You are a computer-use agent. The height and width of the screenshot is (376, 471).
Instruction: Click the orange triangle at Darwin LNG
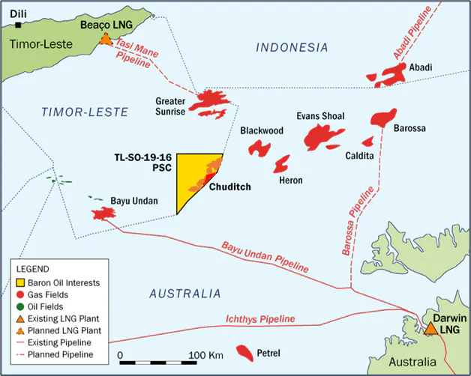click(431, 328)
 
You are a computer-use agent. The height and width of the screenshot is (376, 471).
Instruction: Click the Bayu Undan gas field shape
click(102, 214)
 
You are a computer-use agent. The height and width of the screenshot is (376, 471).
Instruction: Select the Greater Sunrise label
click(169, 106)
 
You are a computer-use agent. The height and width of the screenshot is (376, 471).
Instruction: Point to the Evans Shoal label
click(321, 116)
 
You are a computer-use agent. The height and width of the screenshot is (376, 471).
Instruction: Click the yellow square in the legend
click(20, 282)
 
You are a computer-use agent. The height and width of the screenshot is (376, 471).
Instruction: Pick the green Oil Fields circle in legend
click(20, 306)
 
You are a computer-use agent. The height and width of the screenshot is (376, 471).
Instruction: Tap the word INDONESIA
click(292, 47)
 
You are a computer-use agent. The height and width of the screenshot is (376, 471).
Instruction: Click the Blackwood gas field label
click(261, 130)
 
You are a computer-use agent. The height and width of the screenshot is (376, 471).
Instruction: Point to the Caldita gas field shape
click(367, 142)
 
